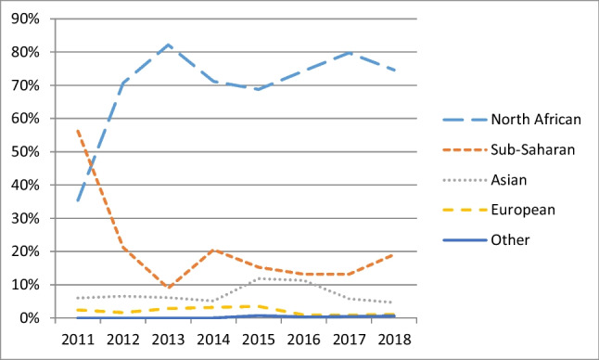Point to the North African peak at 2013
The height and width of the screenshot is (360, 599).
point(168,45)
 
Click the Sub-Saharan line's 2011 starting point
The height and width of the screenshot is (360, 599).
point(77,130)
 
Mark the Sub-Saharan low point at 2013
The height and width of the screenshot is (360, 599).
point(168,288)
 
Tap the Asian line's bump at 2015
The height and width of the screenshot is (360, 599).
point(259,278)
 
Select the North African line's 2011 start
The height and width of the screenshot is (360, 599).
point(77,200)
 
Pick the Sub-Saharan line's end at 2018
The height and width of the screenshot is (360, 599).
point(396,254)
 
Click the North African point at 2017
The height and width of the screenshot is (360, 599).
point(350,52)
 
